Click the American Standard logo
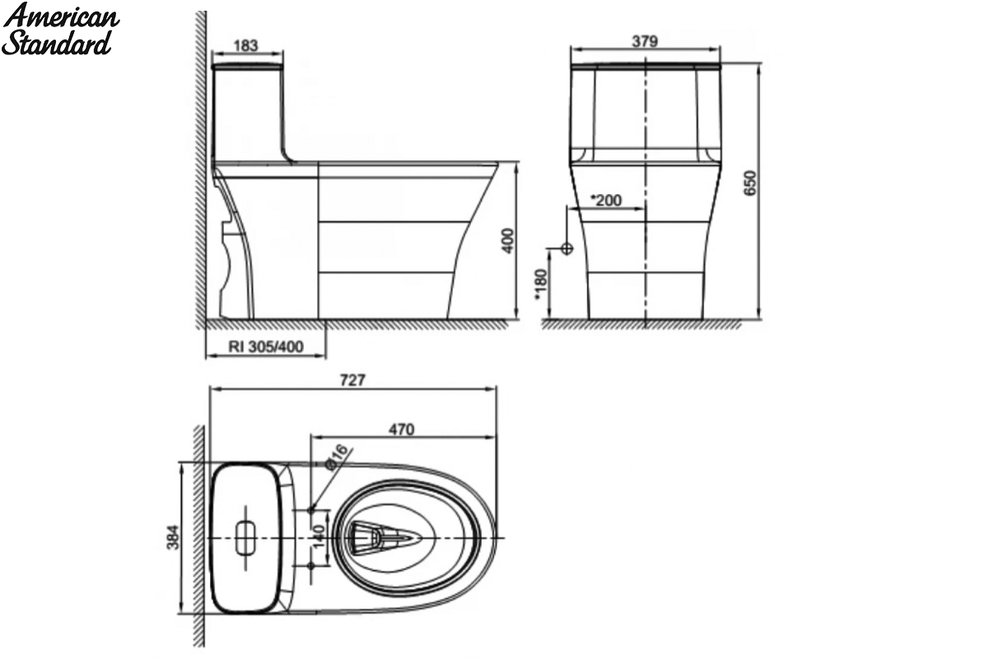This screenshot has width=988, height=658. (x=60, y=30)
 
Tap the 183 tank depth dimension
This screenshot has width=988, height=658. (x=245, y=45)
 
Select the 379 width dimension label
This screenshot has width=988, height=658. (x=645, y=41)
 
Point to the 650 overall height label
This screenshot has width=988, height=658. (x=749, y=183)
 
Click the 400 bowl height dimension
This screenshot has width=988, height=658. (x=508, y=241)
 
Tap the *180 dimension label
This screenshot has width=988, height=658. (x=541, y=285)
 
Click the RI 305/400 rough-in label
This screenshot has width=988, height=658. (x=266, y=347)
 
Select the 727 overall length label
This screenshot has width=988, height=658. (x=352, y=380)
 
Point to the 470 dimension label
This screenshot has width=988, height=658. (x=402, y=429)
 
